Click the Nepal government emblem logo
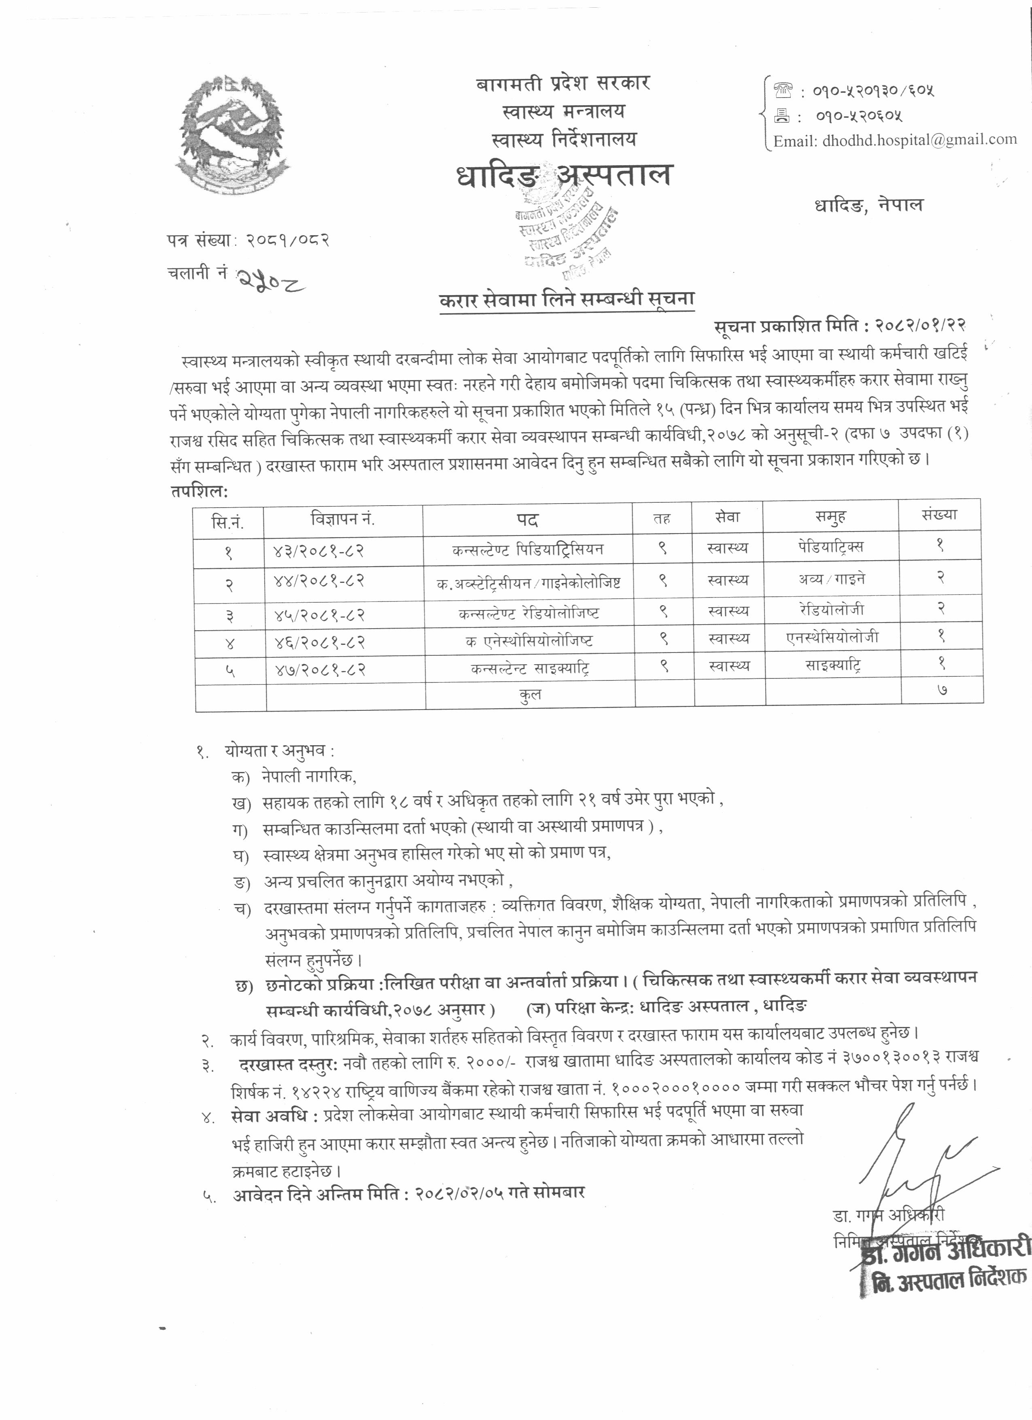point(230,136)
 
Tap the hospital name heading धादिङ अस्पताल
point(563,175)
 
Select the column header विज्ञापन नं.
point(342,519)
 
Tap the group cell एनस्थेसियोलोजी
point(832,637)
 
